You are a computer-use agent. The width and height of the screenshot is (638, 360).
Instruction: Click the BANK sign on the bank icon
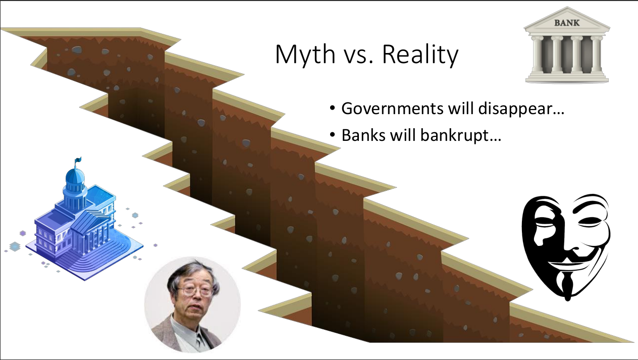566,23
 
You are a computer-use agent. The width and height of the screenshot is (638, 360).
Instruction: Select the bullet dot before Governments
332,110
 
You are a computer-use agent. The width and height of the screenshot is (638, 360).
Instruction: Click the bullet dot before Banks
332,136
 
